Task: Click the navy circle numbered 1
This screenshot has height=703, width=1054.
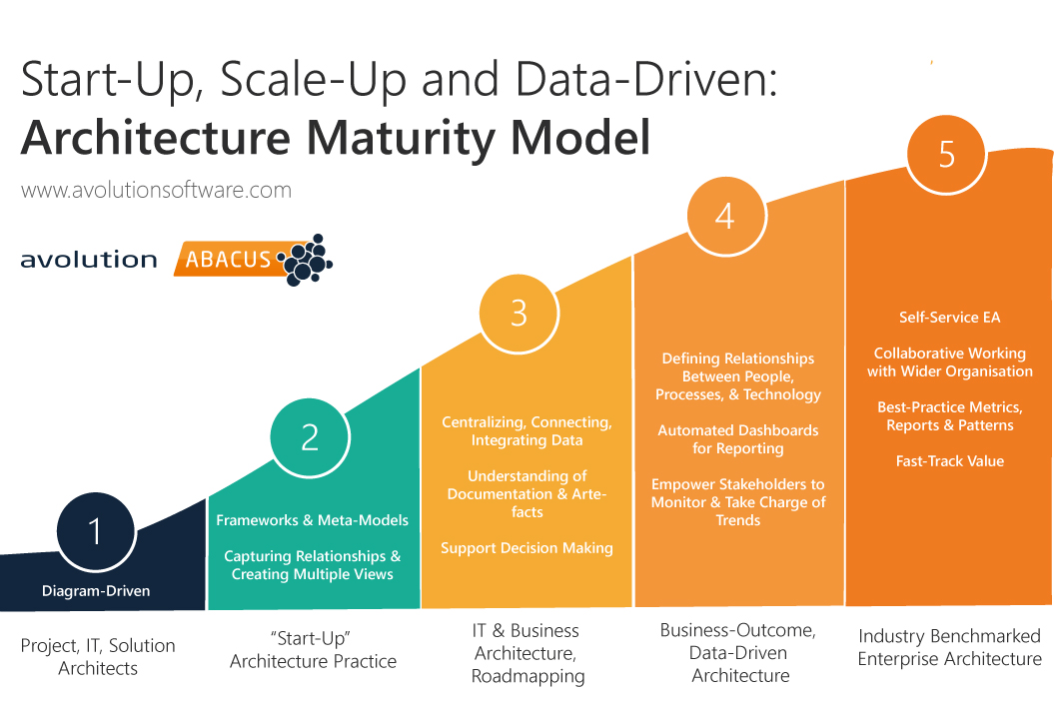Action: coord(95,530)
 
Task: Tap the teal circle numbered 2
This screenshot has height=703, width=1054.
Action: coord(310,436)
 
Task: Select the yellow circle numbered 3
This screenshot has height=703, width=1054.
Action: coord(519,313)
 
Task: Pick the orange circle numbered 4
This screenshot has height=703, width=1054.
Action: coord(725,216)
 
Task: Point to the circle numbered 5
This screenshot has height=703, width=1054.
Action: coord(946,154)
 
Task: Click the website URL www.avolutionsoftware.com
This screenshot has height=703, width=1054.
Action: coord(156,190)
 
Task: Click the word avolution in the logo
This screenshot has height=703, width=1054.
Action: coord(89,260)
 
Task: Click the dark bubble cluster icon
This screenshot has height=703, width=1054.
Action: coord(307,259)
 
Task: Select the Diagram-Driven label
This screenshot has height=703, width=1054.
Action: coord(96,591)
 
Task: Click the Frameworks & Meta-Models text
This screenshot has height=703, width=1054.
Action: coord(313,520)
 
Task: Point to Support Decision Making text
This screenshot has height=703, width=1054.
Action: coord(527,548)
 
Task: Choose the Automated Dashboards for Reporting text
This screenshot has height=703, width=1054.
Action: coord(737,439)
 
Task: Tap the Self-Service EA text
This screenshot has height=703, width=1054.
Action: coord(949,318)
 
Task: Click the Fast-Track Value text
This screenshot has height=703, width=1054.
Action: coord(949,461)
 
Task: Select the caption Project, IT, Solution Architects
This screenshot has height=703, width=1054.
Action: coord(98,657)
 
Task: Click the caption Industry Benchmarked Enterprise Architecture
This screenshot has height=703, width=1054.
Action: coord(949,647)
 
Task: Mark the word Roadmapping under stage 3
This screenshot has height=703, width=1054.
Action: coord(527,676)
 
